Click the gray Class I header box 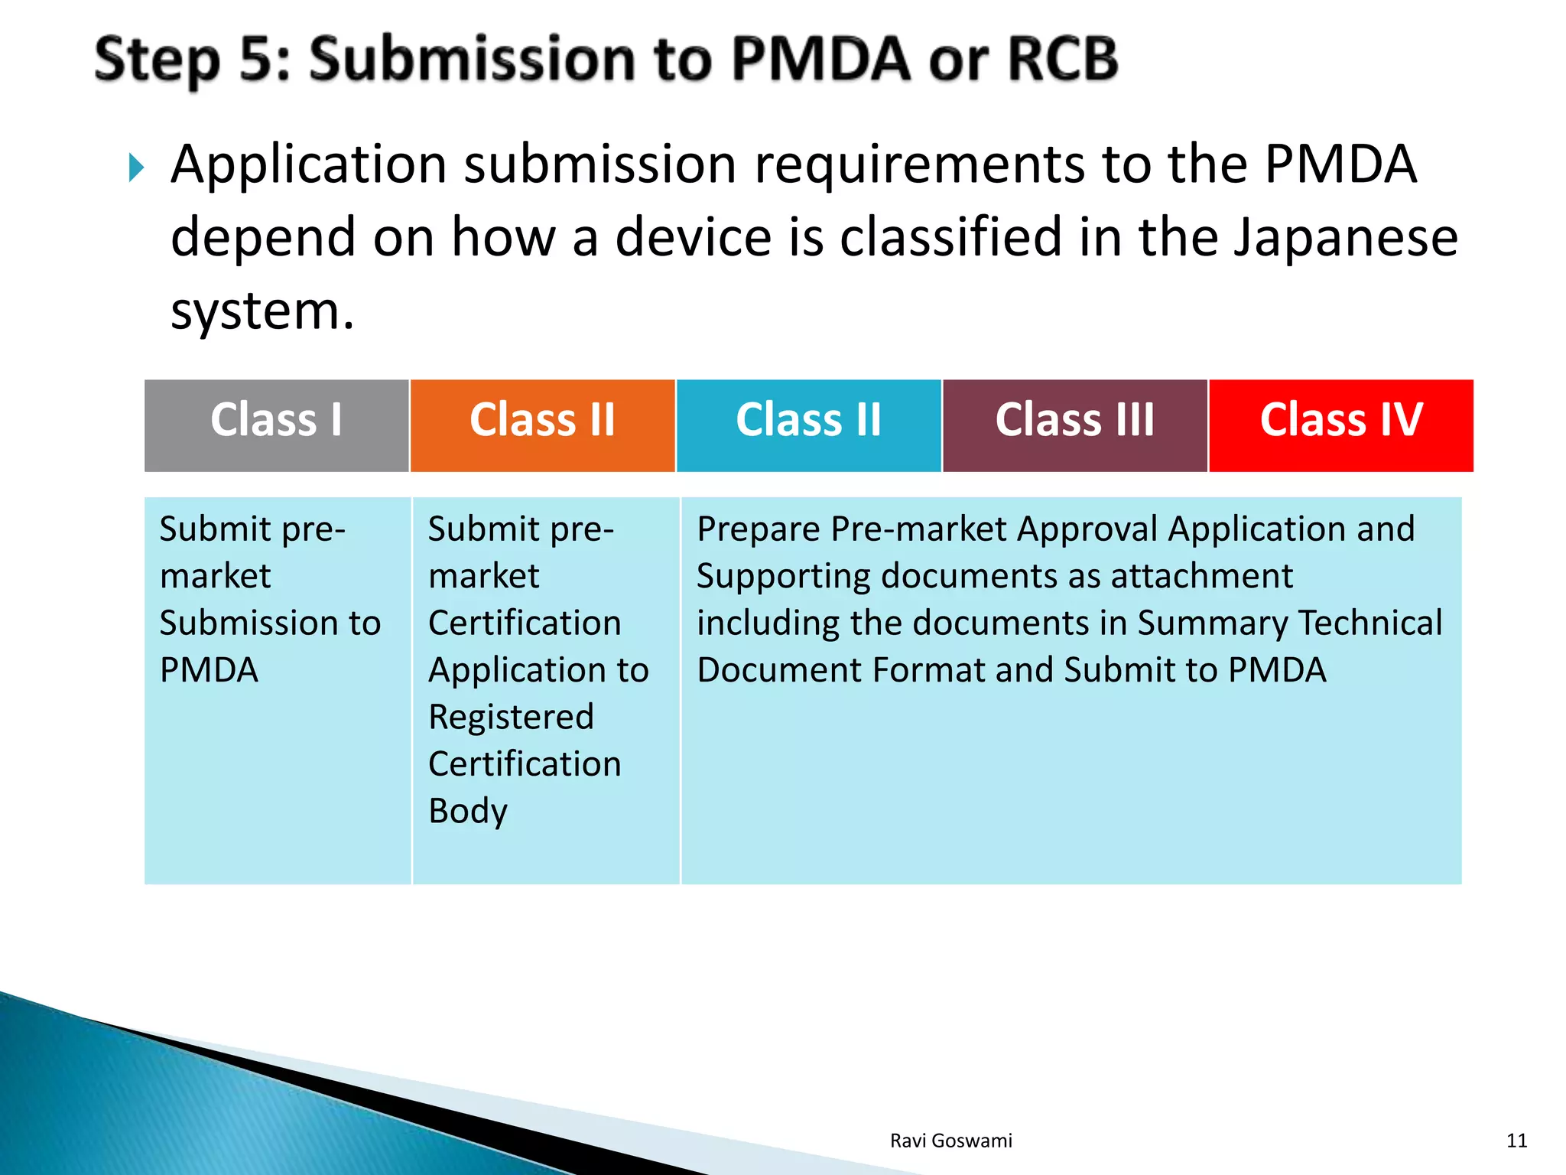pos(276,425)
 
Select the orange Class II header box pos(542,425)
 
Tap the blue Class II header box pos(808,425)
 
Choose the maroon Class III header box pos(1074,425)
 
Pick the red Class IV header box pos(1340,425)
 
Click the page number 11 pos(1516,1141)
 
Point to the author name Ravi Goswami pos(950,1141)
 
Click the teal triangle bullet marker pos(136,168)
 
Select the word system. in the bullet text pos(262,311)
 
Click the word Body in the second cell pos(467,811)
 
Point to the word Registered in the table pos(511,717)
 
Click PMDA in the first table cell pos(209,670)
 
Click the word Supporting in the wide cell pos(783,576)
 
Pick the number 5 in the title pos(256,59)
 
